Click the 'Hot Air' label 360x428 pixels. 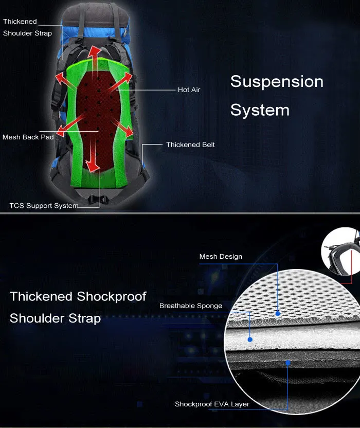coord(189,90)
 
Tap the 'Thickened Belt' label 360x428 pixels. coord(190,145)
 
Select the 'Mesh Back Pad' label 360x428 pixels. coord(28,137)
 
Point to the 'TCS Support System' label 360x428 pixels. coord(44,206)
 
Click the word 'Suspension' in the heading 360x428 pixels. coord(277,82)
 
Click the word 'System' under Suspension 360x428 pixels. coord(260,110)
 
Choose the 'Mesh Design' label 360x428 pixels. coord(220,257)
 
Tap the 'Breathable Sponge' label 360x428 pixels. coord(190,306)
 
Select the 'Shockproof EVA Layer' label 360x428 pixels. coord(212,404)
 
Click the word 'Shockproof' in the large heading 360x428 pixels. coord(112,297)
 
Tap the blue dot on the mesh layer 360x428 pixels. coord(278,313)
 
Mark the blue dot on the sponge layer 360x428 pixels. coord(250,340)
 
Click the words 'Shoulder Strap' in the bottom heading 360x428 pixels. coord(55,318)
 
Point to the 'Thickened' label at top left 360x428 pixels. coord(20,22)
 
